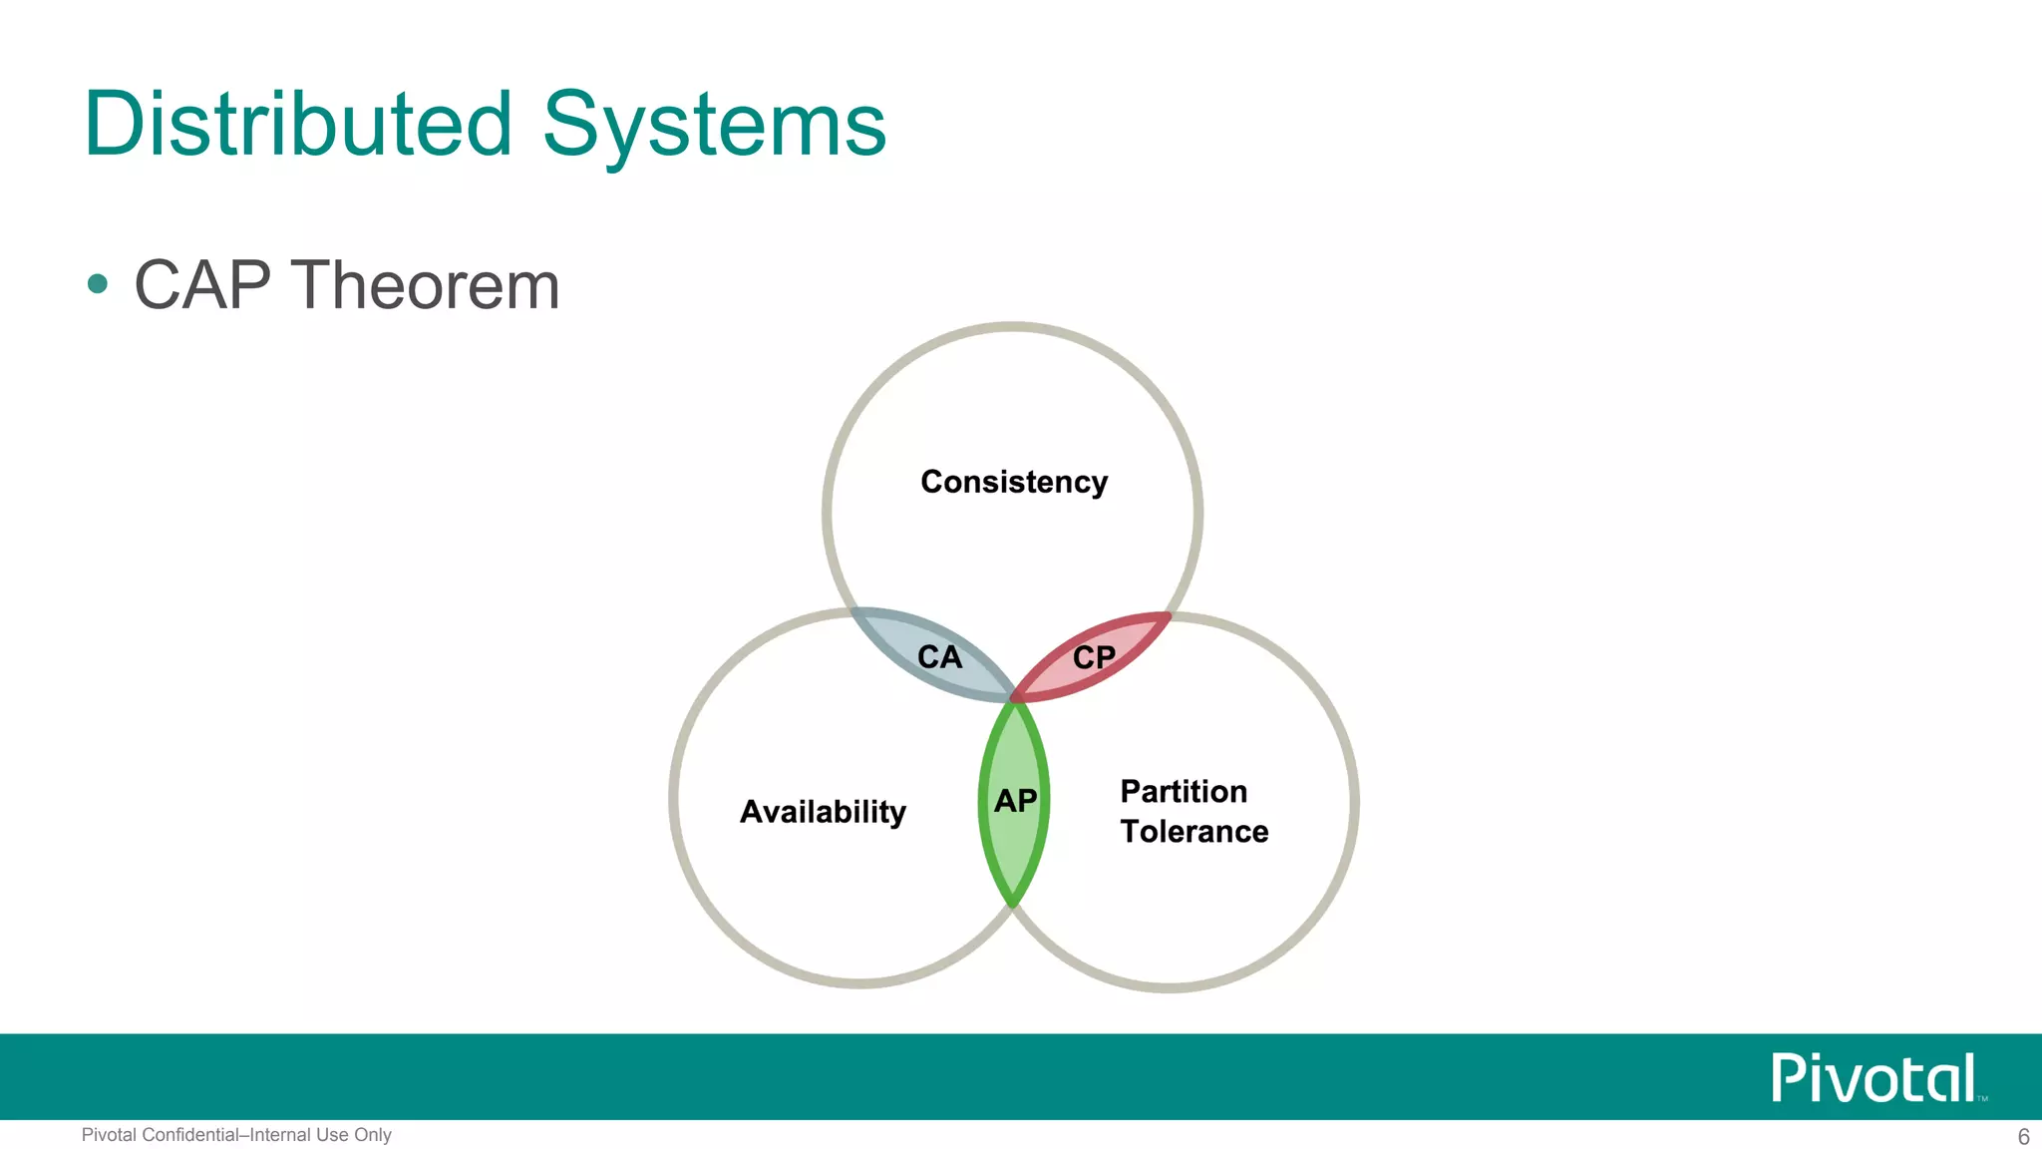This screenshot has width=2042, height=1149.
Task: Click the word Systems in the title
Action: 714,126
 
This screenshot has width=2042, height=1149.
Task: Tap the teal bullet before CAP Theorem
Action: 97,284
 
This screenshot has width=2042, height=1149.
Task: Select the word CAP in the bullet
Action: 202,285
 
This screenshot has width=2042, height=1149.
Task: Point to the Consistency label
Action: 1014,482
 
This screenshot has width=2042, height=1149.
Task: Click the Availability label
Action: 823,812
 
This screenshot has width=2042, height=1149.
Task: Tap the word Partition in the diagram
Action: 1184,791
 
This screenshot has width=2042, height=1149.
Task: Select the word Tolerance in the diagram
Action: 1193,832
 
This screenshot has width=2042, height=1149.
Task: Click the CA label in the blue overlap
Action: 939,657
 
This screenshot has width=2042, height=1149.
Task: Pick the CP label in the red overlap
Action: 1094,657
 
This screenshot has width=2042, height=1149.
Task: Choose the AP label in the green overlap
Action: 1015,800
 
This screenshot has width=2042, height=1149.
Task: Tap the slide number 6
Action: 2023,1137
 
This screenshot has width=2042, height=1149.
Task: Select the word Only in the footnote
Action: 372,1135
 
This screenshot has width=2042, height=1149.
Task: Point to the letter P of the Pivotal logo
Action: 1787,1078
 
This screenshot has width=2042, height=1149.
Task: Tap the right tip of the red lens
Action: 1166,617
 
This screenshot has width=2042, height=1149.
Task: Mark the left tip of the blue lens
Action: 855,611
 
